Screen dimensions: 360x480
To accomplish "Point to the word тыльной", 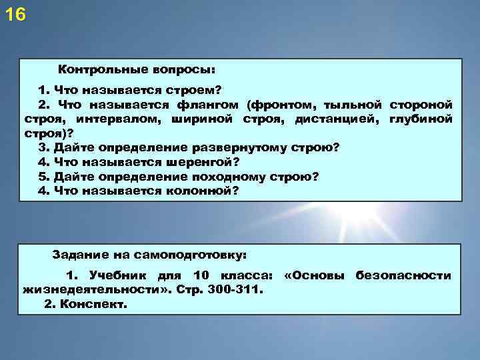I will pos(353,105).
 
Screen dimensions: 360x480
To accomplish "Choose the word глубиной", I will pos(419,119).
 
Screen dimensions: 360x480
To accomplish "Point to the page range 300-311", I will pos(238,290).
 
